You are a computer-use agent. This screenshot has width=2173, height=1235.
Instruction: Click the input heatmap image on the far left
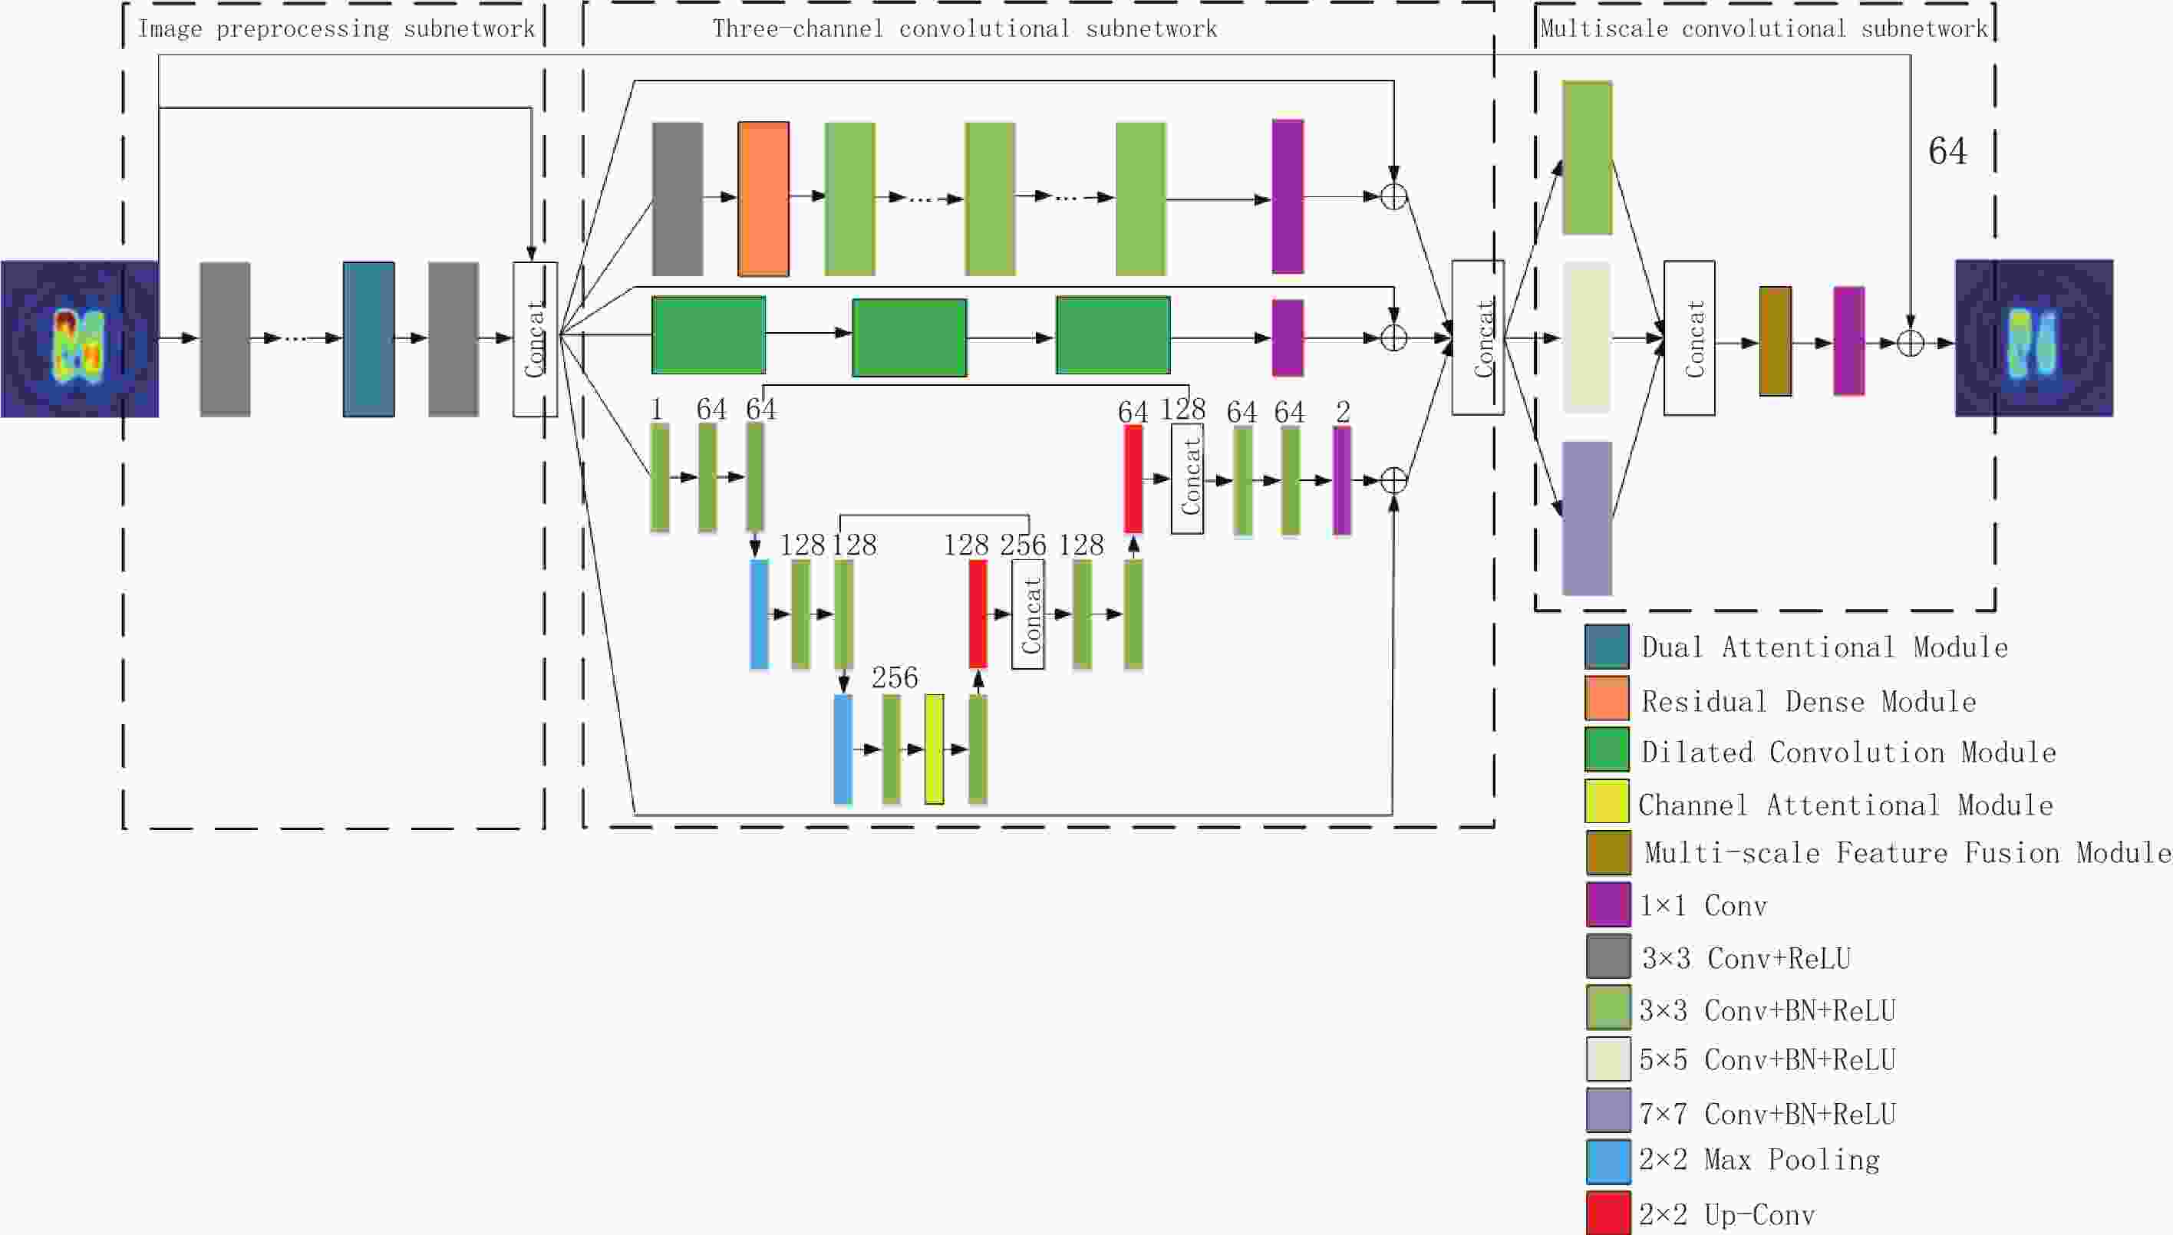coord(80,338)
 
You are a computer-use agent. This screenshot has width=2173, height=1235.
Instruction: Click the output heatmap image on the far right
coord(2034,338)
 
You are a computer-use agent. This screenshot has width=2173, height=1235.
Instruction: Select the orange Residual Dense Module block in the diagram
coord(763,199)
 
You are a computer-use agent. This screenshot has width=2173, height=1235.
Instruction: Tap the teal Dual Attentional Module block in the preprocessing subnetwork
coord(368,338)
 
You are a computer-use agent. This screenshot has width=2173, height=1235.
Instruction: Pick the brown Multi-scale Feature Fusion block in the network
coord(1775,341)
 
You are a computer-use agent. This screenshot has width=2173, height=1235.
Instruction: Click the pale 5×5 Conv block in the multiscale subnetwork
coord(1587,338)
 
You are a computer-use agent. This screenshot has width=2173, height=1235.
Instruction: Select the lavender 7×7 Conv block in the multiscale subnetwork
coord(1587,519)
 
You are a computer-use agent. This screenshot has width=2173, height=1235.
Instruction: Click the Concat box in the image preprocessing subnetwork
coord(536,339)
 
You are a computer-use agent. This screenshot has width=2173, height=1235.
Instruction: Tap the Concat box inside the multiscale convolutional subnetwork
coord(1690,338)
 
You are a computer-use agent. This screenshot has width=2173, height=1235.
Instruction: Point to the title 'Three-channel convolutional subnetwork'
coord(964,29)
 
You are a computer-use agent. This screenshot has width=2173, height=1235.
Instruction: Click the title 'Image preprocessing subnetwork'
coord(336,29)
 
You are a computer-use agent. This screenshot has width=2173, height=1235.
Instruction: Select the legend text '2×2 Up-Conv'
coord(1726,1214)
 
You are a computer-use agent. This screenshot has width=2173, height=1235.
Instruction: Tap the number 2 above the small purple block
coord(1342,412)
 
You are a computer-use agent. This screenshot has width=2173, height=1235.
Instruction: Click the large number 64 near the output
coord(1947,151)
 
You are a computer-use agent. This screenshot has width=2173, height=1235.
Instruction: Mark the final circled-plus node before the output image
coord(1910,344)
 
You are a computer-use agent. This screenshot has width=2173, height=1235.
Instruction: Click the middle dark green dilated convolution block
coord(909,337)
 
